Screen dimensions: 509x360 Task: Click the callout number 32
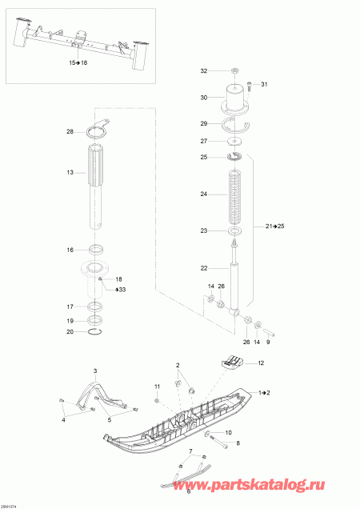(203, 71)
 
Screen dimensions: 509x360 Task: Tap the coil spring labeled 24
(236, 194)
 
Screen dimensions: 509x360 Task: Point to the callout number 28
(70, 131)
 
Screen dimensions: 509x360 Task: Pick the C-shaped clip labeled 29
(236, 124)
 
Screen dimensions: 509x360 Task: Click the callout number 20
(70, 331)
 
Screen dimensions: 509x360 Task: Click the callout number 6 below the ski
(189, 491)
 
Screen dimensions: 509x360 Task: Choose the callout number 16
(70, 250)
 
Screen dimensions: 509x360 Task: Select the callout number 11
(158, 387)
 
